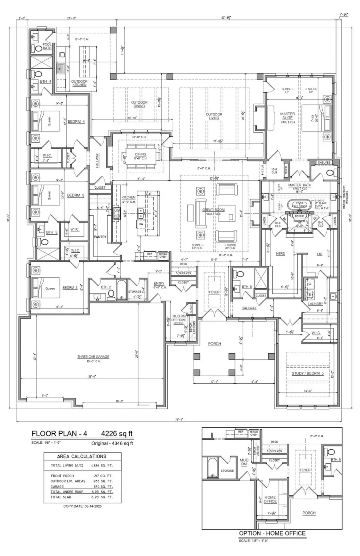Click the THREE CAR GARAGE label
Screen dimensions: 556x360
93,357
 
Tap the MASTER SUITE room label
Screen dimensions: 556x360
287,116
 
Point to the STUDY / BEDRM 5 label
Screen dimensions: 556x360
308,373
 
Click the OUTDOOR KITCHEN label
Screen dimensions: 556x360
79,83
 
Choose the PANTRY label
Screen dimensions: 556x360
100,237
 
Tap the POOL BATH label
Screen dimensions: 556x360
47,46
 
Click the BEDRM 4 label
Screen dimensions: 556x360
76,122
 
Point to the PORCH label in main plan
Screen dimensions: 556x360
214,344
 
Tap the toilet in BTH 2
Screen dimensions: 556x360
110,295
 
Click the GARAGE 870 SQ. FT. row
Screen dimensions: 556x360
82,486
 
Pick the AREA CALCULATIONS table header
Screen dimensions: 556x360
82,456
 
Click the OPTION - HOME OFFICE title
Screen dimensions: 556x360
272,533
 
